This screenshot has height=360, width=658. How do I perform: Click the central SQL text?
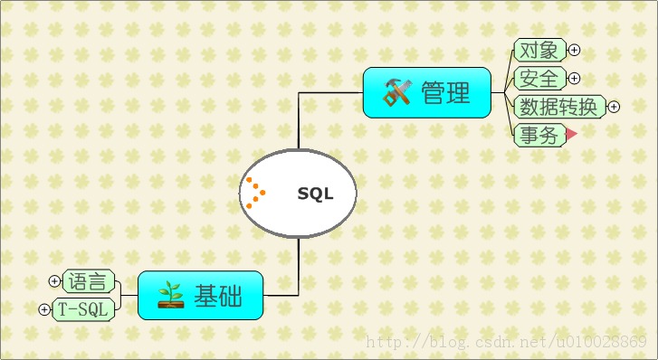point(315,194)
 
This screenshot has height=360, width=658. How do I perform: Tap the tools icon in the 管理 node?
point(397,92)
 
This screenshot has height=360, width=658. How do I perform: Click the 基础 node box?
point(200,295)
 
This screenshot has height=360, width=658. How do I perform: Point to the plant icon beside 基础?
point(170,295)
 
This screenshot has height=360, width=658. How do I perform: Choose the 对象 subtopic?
point(539,50)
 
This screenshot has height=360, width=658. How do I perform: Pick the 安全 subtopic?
point(539,78)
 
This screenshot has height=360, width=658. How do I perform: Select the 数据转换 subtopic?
point(558,107)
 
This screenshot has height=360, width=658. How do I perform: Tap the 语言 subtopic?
point(89,281)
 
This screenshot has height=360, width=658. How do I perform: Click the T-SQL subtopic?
point(83,309)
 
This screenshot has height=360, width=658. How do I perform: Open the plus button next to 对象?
point(574,51)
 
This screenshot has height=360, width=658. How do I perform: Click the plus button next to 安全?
point(574,79)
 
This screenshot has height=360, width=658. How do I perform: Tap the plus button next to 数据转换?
point(614,107)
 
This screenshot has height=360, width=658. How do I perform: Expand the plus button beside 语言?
point(55,281)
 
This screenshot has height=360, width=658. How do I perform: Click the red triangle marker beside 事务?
point(571,135)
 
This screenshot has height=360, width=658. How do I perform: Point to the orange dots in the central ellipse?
point(254,192)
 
